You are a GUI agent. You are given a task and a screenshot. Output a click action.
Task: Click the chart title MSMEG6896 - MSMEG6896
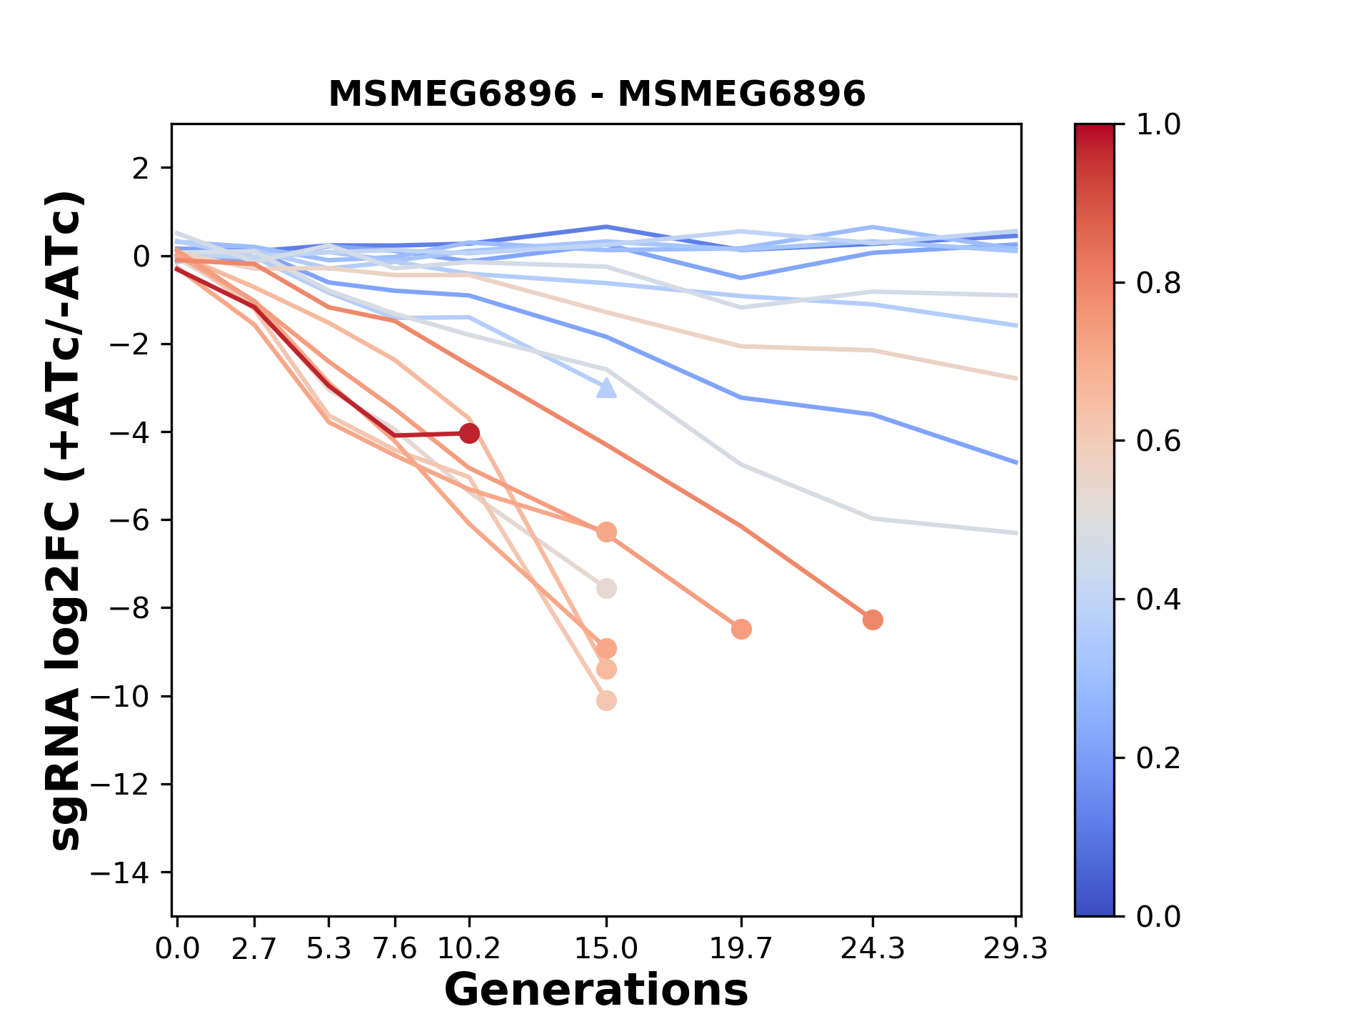click(596, 94)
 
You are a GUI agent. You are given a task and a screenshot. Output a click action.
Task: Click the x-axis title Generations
click(596, 990)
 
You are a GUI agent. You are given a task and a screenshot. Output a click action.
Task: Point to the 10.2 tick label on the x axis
click(468, 949)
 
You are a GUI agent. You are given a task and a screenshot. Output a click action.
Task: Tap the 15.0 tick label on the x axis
click(606, 949)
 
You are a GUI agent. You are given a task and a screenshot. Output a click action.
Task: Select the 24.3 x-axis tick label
click(872, 949)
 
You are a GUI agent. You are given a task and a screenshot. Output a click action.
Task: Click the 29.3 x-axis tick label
click(1015, 949)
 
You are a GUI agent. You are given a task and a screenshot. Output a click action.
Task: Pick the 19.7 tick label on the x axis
click(740, 949)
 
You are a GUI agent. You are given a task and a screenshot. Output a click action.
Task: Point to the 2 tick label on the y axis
click(141, 169)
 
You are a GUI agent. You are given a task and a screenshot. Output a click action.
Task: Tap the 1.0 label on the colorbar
click(1158, 125)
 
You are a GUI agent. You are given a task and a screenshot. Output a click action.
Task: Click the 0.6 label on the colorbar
click(1158, 442)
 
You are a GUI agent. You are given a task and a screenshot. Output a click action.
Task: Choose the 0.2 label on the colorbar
click(1158, 758)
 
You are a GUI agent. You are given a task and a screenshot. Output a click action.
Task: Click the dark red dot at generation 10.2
click(469, 433)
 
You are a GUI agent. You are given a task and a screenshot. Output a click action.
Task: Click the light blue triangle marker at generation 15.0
click(606, 389)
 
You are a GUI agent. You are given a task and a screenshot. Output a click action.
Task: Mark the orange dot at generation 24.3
click(873, 620)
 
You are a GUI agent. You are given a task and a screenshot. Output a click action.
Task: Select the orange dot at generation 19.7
click(741, 629)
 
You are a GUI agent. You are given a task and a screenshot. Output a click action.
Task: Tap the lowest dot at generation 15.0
click(606, 701)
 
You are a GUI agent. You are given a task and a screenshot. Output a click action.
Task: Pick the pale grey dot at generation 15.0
click(606, 589)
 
